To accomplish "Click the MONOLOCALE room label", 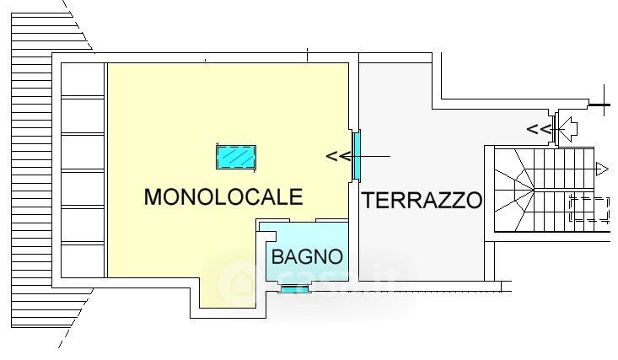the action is click(x=223, y=196).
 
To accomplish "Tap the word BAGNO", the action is click(x=307, y=257).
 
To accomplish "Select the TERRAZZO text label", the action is click(x=422, y=200).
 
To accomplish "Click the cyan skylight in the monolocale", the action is click(x=236, y=157).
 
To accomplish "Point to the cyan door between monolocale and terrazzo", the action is click(x=357, y=155).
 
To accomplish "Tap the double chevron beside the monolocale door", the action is click(x=338, y=157).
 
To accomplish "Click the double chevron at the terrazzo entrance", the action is click(x=539, y=129).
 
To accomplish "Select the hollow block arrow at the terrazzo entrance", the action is click(x=569, y=129).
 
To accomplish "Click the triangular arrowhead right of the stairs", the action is click(x=602, y=169).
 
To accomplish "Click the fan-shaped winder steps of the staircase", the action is click(x=514, y=190).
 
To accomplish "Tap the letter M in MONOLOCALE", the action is click(x=153, y=196).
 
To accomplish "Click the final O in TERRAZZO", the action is click(x=474, y=200).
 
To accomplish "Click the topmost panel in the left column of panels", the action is click(x=83, y=79).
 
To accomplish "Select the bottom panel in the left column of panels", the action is click(x=83, y=261).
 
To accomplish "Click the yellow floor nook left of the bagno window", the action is click(x=228, y=293).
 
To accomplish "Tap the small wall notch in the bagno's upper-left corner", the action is click(x=267, y=235).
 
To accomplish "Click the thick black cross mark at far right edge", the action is click(x=605, y=105).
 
